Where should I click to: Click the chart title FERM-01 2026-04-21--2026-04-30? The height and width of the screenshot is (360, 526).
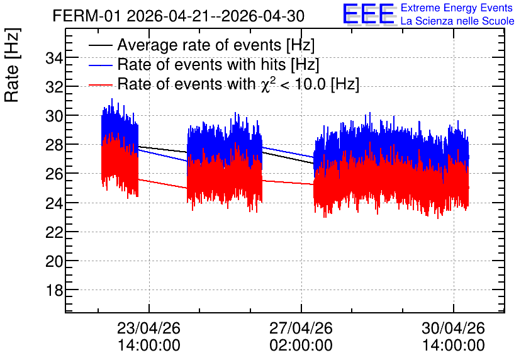(x=179, y=16)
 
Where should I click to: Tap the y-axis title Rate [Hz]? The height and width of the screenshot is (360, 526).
(x=12, y=65)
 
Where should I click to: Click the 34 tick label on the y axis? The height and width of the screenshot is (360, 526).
(x=54, y=59)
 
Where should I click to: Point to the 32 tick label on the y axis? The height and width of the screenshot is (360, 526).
(x=54, y=87)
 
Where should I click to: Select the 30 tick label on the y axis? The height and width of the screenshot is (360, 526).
(x=54, y=116)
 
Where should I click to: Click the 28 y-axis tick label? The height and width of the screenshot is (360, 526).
(x=54, y=145)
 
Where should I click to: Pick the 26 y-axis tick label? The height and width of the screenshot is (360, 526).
(x=54, y=174)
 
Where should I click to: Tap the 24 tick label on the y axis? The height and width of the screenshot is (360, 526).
(x=54, y=203)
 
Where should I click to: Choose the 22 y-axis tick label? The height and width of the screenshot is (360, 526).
(x=54, y=232)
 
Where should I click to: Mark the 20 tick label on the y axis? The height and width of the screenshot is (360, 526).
(x=54, y=261)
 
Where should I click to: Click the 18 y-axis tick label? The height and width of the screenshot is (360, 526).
(x=54, y=290)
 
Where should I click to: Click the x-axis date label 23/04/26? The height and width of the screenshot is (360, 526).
(x=148, y=328)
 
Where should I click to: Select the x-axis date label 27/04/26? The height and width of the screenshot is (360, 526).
(x=301, y=328)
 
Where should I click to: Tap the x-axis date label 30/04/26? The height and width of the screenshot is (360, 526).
(x=453, y=328)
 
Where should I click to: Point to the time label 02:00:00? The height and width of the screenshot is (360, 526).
(x=301, y=346)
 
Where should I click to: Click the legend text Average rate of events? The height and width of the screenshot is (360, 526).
(x=199, y=45)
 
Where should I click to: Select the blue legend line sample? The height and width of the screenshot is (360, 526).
(x=101, y=65)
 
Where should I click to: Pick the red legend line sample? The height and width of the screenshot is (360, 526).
(x=101, y=85)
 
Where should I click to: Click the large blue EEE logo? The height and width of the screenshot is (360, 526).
(x=369, y=14)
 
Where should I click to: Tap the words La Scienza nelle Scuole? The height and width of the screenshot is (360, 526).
(x=457, y=21)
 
